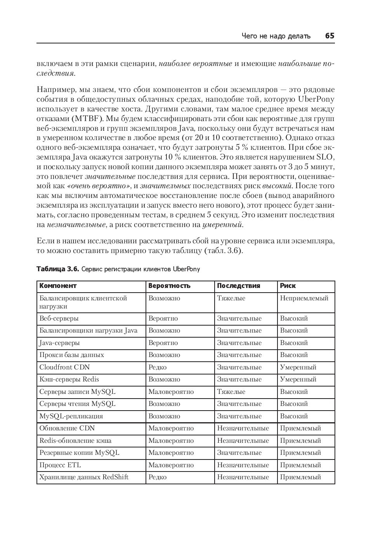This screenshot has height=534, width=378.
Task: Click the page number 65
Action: [x=329, y=36]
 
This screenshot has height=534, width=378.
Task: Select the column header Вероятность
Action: [x=169, y=286]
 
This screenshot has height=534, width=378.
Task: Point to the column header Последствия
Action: [x=238, y=286]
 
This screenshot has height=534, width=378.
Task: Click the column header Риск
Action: [x=288, y=286]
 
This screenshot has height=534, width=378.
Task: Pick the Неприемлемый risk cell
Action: [x=304, y=298]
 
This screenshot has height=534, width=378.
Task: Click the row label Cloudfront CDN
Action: [x=64, y=367]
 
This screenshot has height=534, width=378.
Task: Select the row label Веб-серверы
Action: [x=59, y=318]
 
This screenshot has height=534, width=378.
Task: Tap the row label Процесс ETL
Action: [x=60, y=465]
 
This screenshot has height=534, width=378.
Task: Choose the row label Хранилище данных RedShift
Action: [x=84, y=477]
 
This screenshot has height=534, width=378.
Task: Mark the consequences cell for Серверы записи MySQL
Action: [x=231, y=392]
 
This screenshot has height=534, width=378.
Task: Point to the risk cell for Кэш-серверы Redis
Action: [x=298, y=379]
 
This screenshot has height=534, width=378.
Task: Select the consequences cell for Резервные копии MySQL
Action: [x=239, y=453]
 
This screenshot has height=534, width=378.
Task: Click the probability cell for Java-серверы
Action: [x=163, y=343]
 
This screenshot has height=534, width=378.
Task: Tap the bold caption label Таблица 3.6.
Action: [x=57, y=269]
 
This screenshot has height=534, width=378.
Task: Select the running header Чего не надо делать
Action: [x=276, y=36]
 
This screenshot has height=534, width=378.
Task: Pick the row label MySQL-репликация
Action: [x=71, y=416]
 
